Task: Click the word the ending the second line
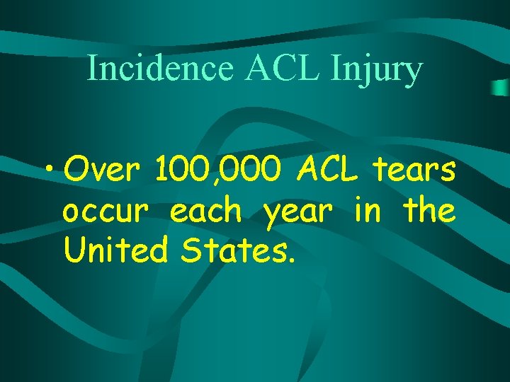429,210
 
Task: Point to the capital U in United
73,250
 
